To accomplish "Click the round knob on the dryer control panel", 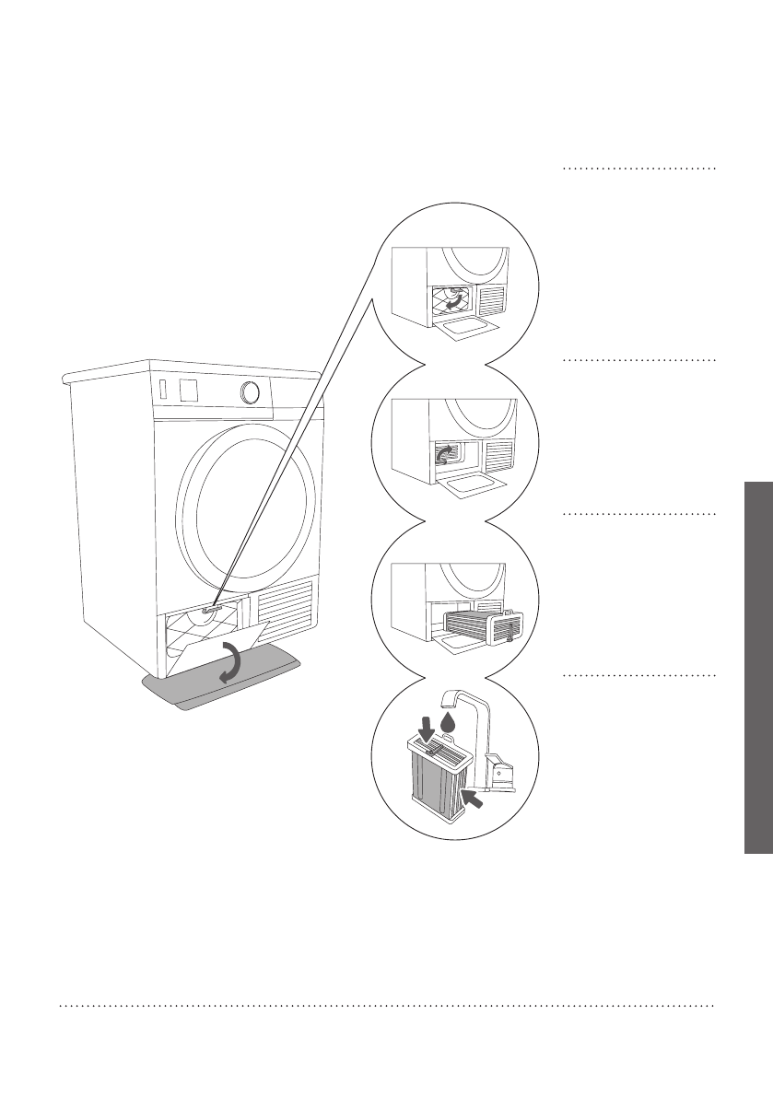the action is (248, 392).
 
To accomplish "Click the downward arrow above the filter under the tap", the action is (427, 729).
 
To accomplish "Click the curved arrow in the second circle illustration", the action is (445, 453).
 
